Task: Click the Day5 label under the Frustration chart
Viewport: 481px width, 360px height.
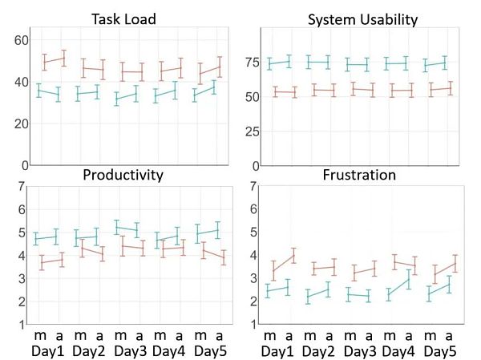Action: [x=441, y=351]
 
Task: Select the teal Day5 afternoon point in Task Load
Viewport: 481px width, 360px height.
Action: [x=214, y=87]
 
